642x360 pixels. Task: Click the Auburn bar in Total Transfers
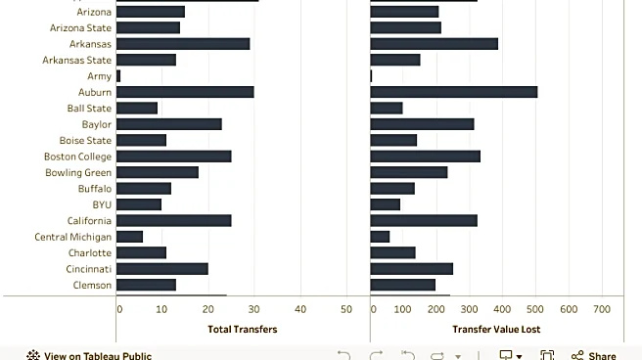(x=185, y=92)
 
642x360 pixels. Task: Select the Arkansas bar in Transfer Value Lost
(x=434, y=44)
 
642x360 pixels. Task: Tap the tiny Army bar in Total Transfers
(x=118, y=76)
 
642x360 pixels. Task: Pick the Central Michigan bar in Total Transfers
(x=129, y=237)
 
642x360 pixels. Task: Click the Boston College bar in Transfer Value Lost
(x=425, y=157)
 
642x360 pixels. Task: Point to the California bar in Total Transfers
(x=173, y=220)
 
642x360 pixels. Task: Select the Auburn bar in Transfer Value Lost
(x=453, y=92)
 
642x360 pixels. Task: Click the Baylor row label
(x=96, y=124)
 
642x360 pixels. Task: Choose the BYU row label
(x=102, y=204)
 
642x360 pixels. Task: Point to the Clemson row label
(x=93, y=285)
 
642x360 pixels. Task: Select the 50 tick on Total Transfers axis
(x=346, y=309)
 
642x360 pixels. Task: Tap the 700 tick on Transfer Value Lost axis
(x=602, y=309)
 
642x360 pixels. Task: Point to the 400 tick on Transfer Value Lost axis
(x=503, y=309)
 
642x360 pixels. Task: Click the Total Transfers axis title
(x=243, y=330)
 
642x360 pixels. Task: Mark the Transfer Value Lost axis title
(x=496, y=330)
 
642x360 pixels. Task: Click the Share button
(x=594, y=356)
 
